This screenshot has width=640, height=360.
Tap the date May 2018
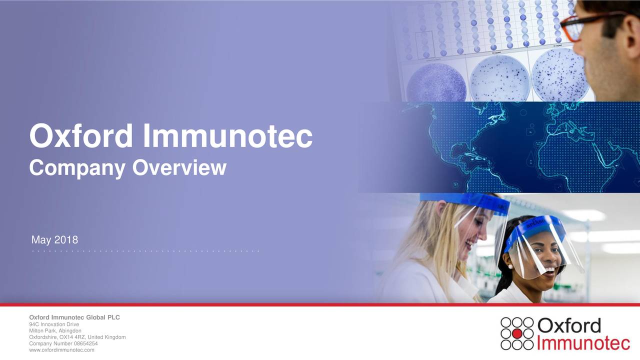(54, 239)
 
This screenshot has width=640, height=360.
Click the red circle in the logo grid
(517, 333)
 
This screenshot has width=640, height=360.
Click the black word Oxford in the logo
(569, 325)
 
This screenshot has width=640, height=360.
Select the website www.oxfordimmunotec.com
(61, 350)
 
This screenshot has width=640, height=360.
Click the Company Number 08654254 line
(63, 343)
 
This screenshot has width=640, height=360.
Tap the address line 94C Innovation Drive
(54, 324)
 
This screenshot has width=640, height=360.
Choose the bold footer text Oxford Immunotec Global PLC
(74, 317)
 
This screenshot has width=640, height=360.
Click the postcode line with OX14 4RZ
(77, 337)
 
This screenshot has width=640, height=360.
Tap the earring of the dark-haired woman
(510, 266)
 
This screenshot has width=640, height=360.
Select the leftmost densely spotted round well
(436, 83)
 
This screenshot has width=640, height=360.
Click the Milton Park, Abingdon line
(55, 330)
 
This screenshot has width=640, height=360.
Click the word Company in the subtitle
(77, 168)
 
